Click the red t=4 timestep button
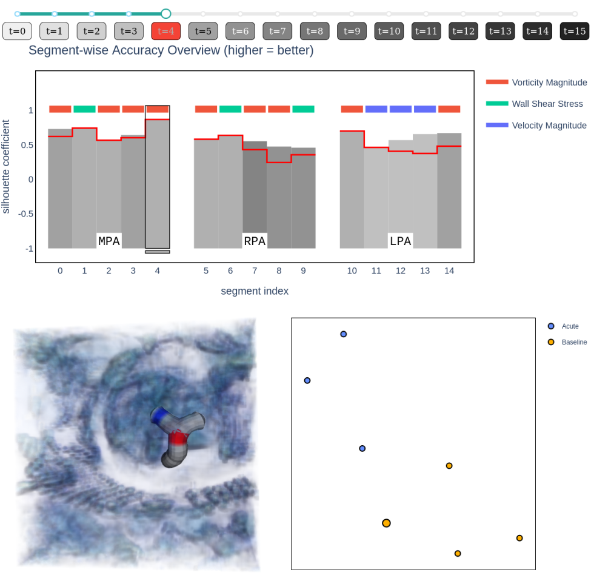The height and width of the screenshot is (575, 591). [x=165, y=32]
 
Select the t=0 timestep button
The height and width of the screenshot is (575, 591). [x=17, y=32]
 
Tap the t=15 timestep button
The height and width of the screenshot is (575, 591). [x=574, y=32]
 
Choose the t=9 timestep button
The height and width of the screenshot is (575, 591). [x=352, y=32]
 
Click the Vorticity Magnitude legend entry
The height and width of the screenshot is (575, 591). [x=549, y=82]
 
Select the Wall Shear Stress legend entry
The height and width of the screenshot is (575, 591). [x=547, y=104]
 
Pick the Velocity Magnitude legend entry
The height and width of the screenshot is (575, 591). [x=549, y=125]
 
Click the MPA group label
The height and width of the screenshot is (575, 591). [x=109, y=241]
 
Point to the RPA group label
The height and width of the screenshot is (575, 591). [x=255, y=241]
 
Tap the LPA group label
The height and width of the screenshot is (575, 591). [x=400, y=241]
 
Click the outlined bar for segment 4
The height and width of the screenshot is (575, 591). [x=158, y=182]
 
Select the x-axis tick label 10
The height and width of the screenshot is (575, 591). [x=352, y=271]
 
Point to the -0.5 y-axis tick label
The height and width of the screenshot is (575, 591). [x=25, y=214]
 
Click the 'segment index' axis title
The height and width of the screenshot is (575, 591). [x=255, y=291]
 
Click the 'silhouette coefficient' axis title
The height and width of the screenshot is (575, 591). [x=7, y=167]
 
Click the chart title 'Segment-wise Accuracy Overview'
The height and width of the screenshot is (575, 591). [x=171, y=50]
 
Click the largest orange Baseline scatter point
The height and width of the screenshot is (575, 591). [x=386, y=523]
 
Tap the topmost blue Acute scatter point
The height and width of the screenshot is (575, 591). [x=344, y=334]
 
